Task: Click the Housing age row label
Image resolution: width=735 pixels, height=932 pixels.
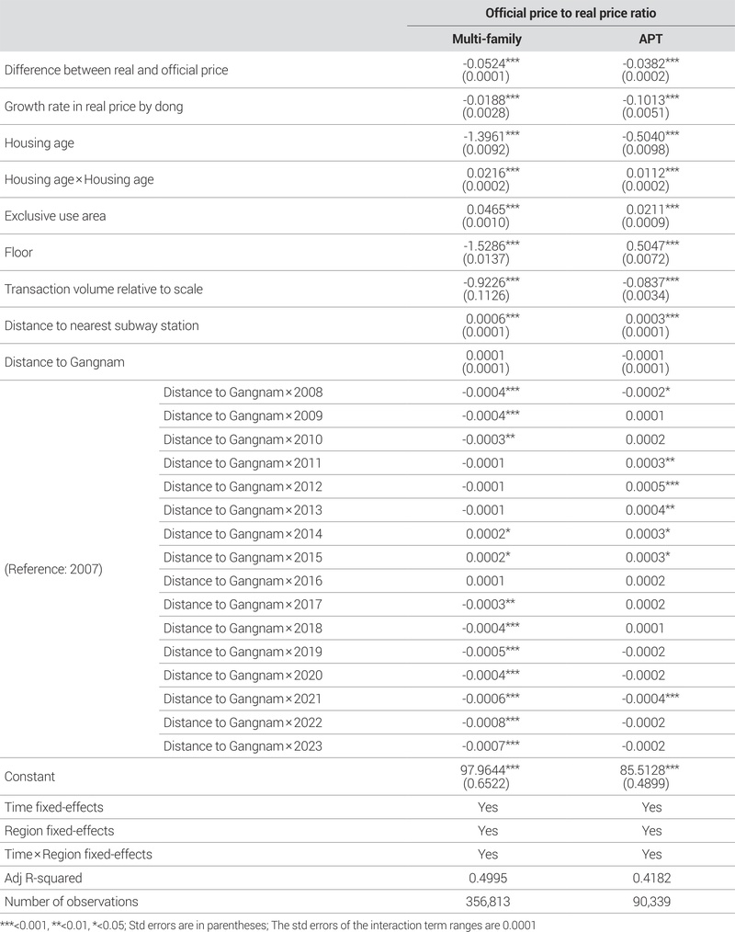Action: pyautogui.click(x=40, y=142)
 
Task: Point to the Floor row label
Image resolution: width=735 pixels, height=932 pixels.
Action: pyautogui.click(x=19, y=252)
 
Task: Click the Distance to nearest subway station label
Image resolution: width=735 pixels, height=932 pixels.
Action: pyautogui.click(x=101, y=325)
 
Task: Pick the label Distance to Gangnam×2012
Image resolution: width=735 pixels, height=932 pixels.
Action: pyautogui.click(x=243, y=486)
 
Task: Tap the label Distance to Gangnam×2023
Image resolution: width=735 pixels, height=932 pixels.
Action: pyautogui.click(x=243, y=745)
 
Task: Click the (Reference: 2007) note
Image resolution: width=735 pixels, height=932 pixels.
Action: pyautogui.click(x=53, y=569)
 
